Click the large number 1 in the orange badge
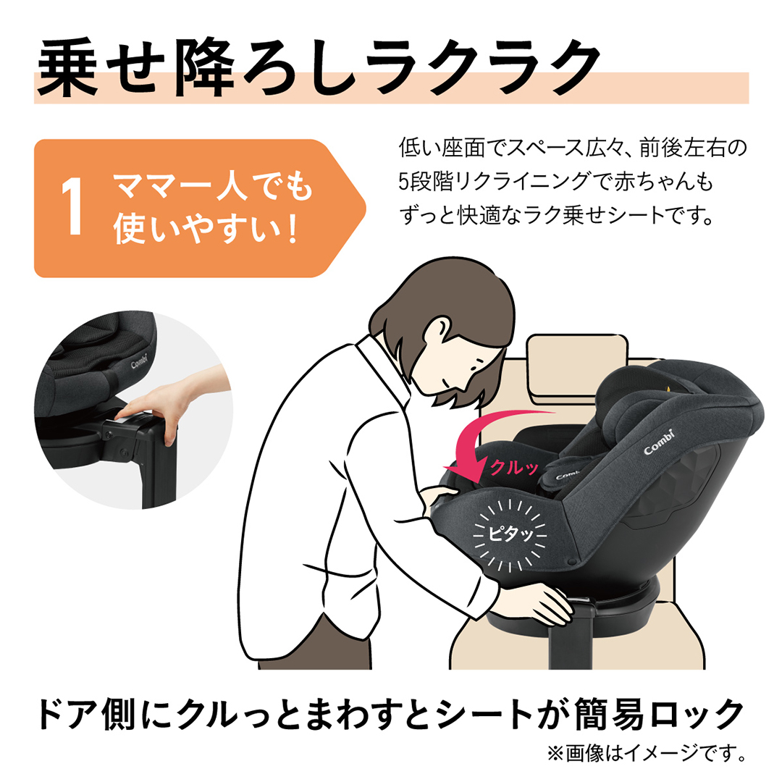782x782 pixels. point(72,209)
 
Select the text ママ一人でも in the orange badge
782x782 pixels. point(212,188)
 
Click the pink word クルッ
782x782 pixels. point(514,467)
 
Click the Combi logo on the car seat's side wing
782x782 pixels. point(659,443)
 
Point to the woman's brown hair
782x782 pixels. point(434,319)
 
